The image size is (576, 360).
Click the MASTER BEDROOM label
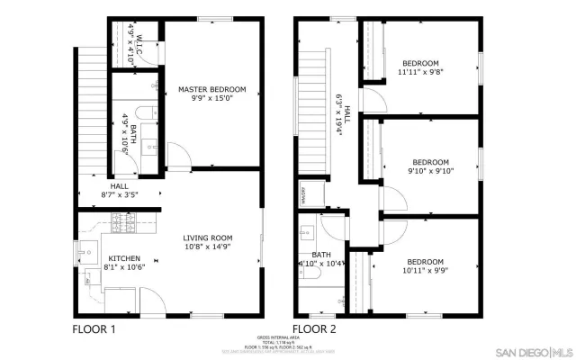(211, 89)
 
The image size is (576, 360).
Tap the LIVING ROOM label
(208, 238)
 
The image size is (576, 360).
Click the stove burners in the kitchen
(121, 220)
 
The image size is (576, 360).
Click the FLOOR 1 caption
(94, 329)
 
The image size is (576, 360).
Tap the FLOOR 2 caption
(314, 329)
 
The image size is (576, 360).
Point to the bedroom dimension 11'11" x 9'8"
(420, 73)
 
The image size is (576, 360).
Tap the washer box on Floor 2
(304, 193)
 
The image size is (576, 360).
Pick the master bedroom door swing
(178, 155)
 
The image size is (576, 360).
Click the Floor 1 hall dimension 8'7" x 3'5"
(119, 194)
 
